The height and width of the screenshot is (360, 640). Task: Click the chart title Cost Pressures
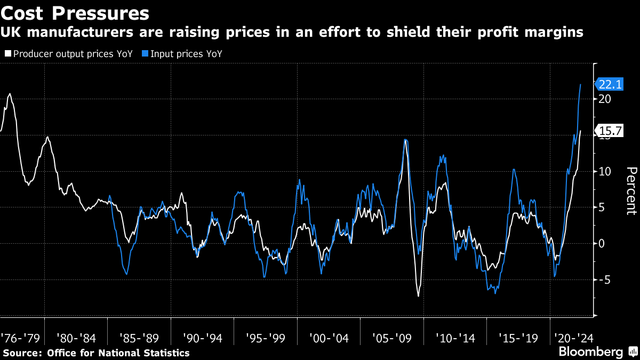[x=75, y=12]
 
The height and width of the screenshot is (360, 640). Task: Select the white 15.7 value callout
[x=610, y=131]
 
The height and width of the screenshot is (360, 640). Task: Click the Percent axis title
[x=631, y=190]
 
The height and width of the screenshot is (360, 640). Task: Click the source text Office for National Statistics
[x=118, y=353]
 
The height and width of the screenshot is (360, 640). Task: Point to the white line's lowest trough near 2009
[x=419, y=296]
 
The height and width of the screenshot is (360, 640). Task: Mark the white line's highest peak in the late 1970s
[x=10, y=94]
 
